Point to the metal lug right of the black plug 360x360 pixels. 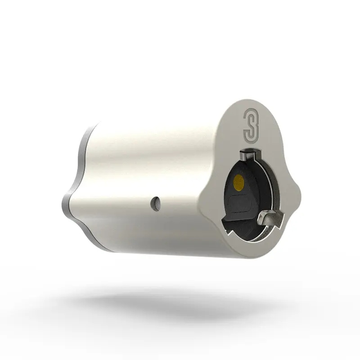point(270,219)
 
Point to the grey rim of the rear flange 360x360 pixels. point(76,148)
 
